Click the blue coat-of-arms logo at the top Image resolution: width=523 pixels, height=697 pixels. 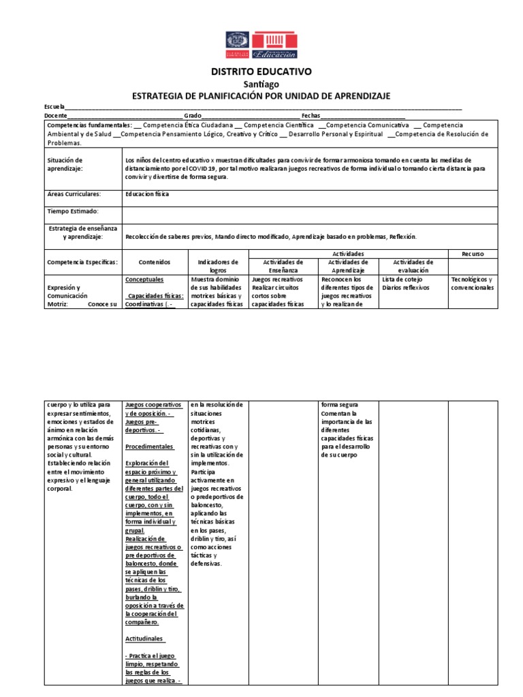238,45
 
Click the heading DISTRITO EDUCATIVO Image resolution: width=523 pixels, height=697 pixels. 261,71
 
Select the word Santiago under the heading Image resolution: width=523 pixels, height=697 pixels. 261,84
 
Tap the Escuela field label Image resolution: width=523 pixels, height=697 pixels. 54,107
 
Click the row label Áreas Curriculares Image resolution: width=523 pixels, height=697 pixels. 74,194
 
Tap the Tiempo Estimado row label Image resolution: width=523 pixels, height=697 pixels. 73,212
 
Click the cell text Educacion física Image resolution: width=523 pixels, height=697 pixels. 148,194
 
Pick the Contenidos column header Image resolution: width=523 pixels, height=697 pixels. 155,262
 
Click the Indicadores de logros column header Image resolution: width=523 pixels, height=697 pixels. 219,265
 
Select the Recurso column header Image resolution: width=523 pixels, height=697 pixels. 473,253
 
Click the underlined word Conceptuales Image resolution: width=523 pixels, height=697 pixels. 144,279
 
